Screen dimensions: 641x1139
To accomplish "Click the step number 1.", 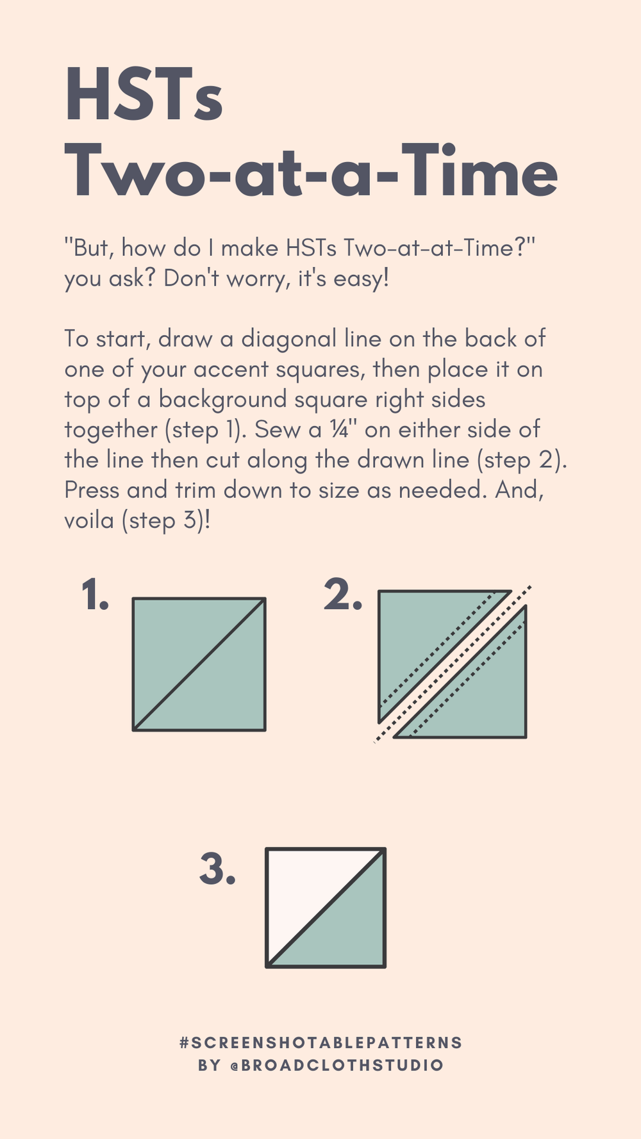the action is [x=95, y=594].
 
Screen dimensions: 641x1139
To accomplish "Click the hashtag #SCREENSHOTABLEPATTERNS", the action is [x=321, y=1042].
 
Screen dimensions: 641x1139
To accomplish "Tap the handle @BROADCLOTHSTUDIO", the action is [x=337, y=1065].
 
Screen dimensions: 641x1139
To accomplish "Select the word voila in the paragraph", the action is [x=89, y=520].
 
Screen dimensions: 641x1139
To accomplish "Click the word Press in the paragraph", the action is [x=92, y=490].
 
